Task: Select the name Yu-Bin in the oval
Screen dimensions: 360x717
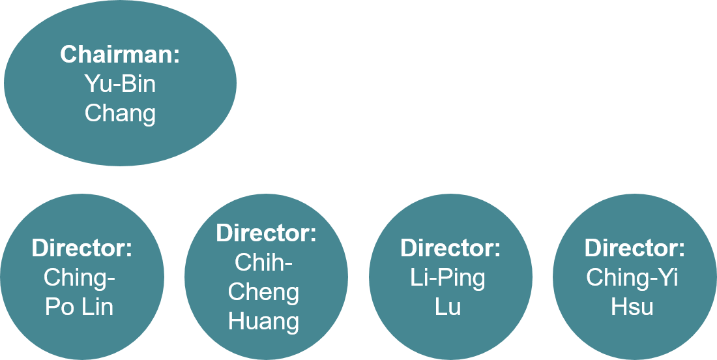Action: coord(120,84)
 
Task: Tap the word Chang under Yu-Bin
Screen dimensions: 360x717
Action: coord(120,113)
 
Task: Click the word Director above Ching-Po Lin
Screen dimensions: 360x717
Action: coord(81,248)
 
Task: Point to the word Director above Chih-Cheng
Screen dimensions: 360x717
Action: coord(266,233)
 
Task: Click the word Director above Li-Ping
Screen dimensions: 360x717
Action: coord(450,248)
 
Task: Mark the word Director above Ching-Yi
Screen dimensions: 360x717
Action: coord(634,248)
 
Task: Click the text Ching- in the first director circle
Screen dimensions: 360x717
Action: coord(79,278)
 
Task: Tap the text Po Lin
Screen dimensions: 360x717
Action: coord(79,307)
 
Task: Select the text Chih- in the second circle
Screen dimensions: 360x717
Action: coord(263,263)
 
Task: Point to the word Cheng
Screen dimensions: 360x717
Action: coord(263,292)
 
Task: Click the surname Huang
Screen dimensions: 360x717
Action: coord(263,321)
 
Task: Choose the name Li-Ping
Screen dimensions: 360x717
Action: coord(448,278)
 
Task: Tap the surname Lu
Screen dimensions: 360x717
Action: coord(448,307)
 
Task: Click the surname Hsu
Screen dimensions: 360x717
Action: coord(632,307)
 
